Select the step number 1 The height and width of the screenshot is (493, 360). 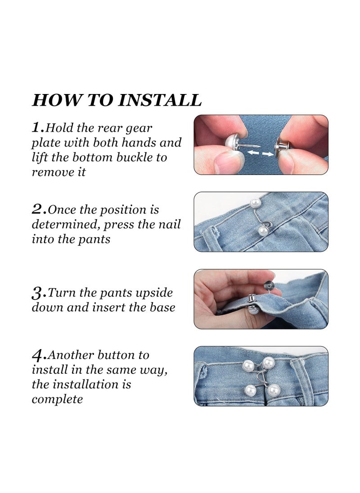[x=38, y=128]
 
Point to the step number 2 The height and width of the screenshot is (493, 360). [x=39, y=209]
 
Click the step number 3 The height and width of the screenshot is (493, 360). [x=39, y=293]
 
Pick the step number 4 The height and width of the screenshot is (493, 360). [x=39, y=355]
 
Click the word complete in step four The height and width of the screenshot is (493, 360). [x=57, y=399]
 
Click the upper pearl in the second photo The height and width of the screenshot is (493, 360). [x=254, y=204]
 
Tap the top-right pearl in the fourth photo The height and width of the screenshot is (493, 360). [x=269, y=363]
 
